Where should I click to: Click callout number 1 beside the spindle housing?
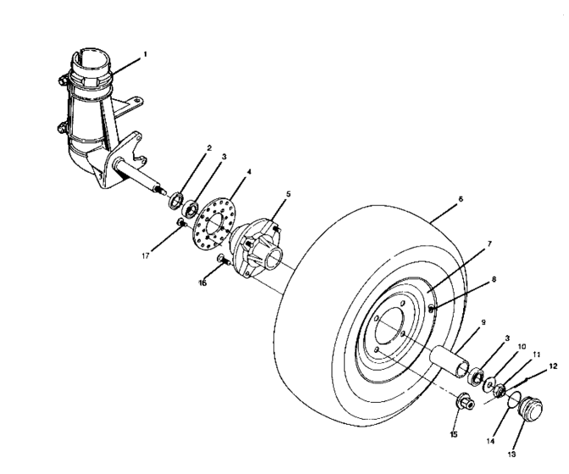pyautogui.click(x=145, y=53)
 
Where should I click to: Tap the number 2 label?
pyautogui.click(x=208, y=148)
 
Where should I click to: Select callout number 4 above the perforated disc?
pyautogui.click(x=247, y=172)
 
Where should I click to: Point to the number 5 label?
pyautogui.click(x=288, y=194)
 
